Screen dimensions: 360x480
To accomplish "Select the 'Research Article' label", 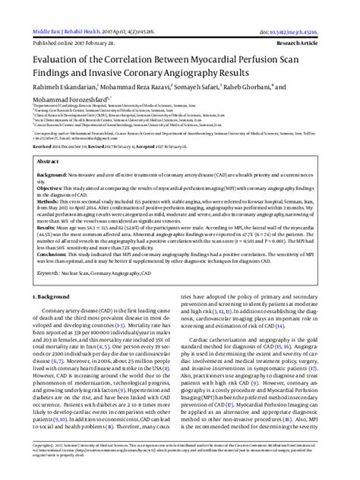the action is click(333, 23).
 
